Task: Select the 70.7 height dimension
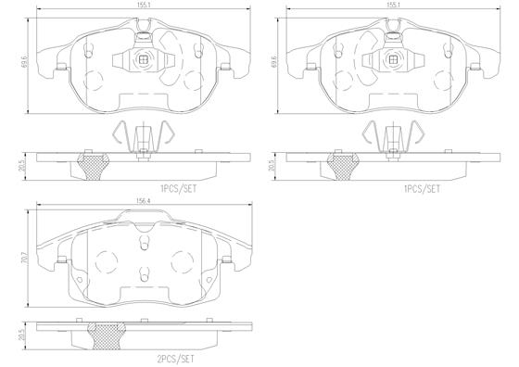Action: pos(24,262)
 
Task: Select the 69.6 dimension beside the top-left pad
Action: pos(23,65)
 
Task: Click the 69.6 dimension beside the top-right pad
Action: pos(274,65)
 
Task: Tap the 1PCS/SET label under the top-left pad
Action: pos(179,186)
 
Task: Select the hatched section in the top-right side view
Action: pos(344,168)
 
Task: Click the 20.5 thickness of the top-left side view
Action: pos(24,164)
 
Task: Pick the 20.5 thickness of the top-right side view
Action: pos(275,164)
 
